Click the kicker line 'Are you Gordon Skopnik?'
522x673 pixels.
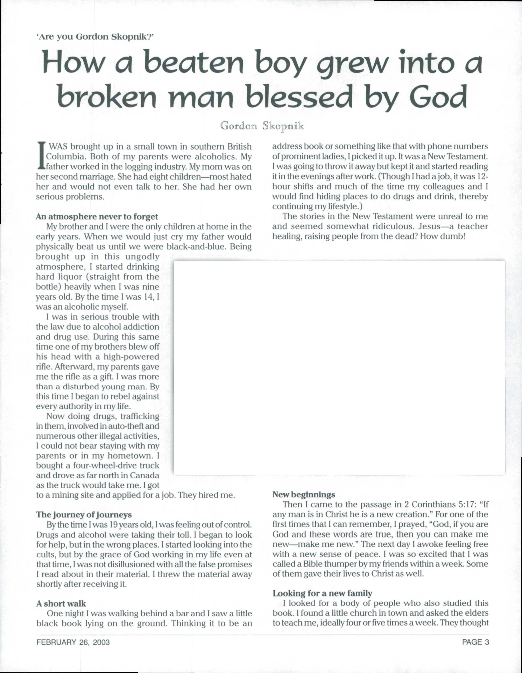coord(95,37)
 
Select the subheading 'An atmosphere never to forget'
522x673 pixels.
coord(97,217)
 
